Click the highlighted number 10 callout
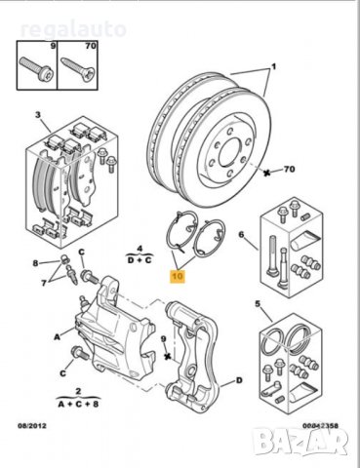pos(178,276)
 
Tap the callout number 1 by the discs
pos(274,66)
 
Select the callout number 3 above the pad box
pos(38,115)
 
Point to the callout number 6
pos(241,234)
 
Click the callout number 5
pos(258,304)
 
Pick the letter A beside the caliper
pos(58,337)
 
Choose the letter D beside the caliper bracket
pos(239,380)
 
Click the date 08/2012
pos(32,425)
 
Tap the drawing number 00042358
pos(321,425)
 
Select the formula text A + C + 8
pos(78,404)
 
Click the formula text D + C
pos(140,260)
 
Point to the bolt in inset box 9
pos(36,69)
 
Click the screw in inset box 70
pos(78,69)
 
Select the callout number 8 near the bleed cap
pos(35,263)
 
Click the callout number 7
pos(44,283)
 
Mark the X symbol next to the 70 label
pos(267,173)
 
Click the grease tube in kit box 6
pos(303,241)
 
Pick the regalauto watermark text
pos(73,29)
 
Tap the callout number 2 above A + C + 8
pos(78,391)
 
